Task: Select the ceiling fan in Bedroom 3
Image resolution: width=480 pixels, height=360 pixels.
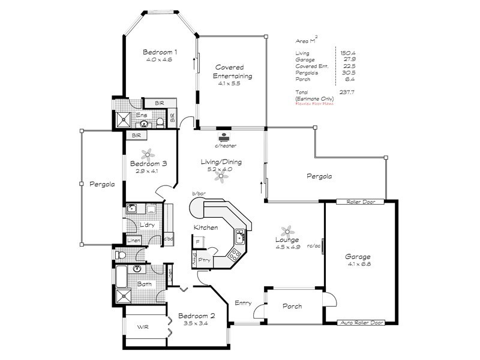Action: [x=144, y=153]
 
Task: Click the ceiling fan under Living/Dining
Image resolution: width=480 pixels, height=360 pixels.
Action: [x=226, y=176]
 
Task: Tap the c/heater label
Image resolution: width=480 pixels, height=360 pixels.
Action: [x=224, y=146]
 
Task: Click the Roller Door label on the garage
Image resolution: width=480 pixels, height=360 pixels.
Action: [x=360, y=202]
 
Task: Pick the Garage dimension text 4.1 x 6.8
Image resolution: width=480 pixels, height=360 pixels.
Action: [x=359, y=264]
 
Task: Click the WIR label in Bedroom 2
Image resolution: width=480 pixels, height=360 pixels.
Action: [x=143, y=328]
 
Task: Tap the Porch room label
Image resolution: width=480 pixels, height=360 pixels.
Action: [x=292, y=307]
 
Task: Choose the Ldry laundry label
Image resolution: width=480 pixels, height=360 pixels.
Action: [x=148, y=226]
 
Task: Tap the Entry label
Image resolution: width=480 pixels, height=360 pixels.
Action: [x=243, y=302]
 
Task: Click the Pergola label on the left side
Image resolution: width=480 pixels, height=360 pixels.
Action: [x=103, y=185]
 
